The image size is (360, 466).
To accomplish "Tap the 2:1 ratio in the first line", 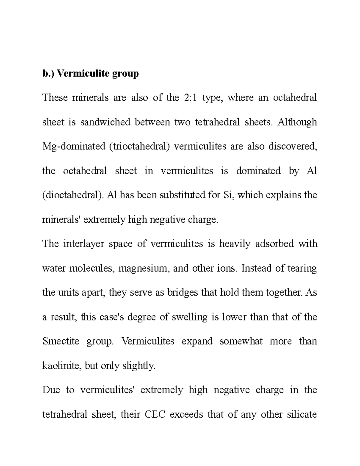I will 189,98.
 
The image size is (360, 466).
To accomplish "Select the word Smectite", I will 61,341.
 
